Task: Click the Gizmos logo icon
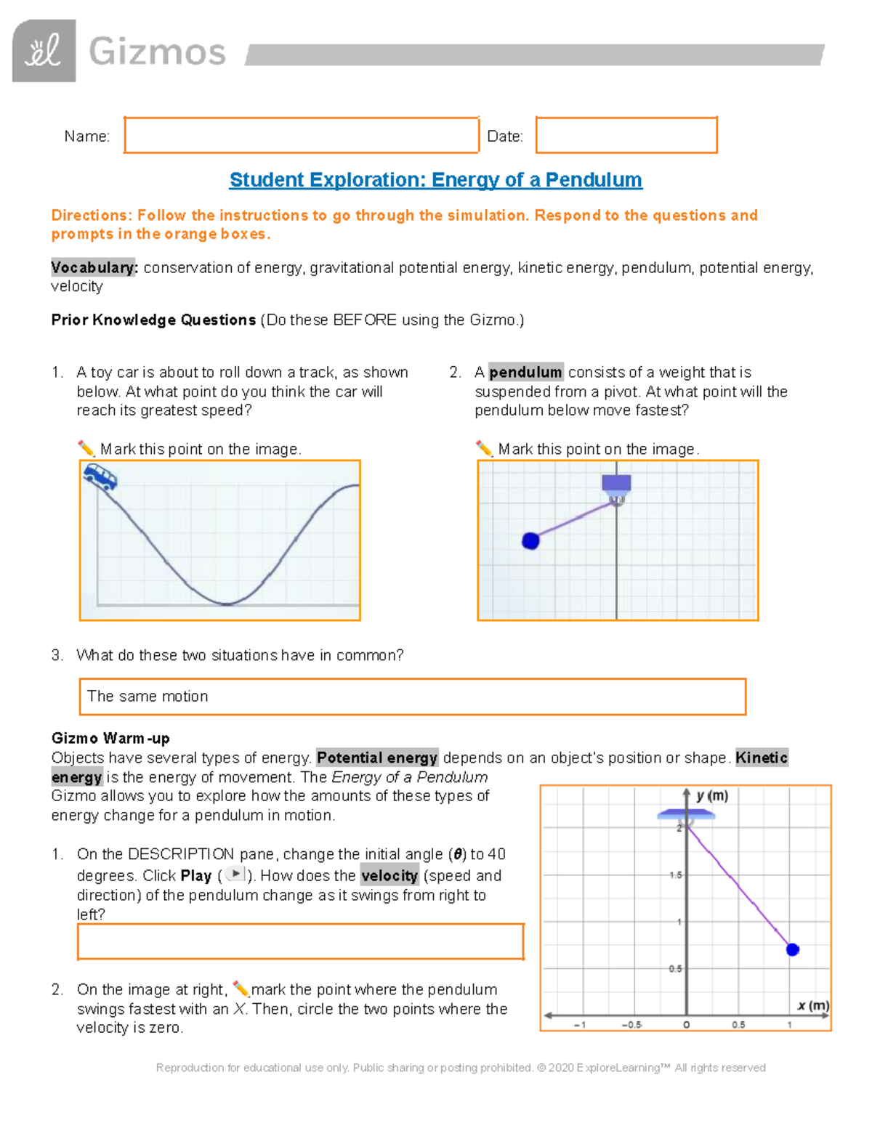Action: (x=44, y=51)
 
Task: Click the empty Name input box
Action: (x=301, y=135)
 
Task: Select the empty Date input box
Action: (x=626, y=135)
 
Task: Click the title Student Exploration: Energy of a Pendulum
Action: (x=435, y=180)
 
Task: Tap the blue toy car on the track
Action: (x=100, y=477)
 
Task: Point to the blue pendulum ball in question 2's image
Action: (x=531, y=540)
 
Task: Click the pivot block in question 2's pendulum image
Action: (x=616, y=484)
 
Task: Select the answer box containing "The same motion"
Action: (x=412, y=697)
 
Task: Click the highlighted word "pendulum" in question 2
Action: (x=525, y=373)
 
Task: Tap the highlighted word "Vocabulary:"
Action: (x=94, y=268)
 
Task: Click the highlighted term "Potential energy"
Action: (x=377, y=758)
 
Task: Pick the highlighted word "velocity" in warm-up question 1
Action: (x=389, y=876)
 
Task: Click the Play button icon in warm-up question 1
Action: (x=235, y=874)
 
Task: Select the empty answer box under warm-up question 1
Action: (x=300, y=942)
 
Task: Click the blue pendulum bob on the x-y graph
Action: (x=793, y=949)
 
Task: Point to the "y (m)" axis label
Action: (x=711, y=796)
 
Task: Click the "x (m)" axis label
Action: (x=812, y=1005)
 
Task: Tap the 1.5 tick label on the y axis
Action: (x=676, y=875)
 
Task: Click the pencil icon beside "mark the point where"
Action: (x=241, y=989)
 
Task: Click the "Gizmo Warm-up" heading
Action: (x=110, y=739)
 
